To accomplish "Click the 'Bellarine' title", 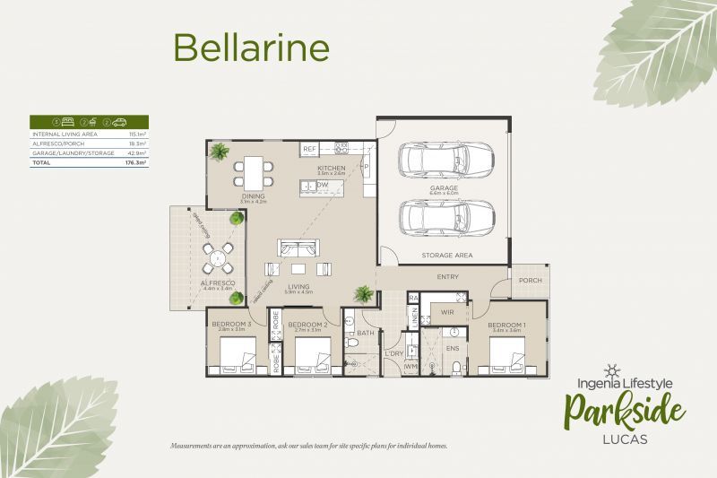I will tap(251, 47).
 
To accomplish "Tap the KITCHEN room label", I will tap(331, 168).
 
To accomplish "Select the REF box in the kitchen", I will tap(309, 149).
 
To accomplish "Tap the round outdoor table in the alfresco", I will tap(216, 260).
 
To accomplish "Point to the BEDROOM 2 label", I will tap(307, 324).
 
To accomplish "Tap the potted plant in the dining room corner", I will tap(219, 152).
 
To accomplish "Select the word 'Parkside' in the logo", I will tap(624, 411).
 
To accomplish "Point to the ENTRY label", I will tap(447, 277).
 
